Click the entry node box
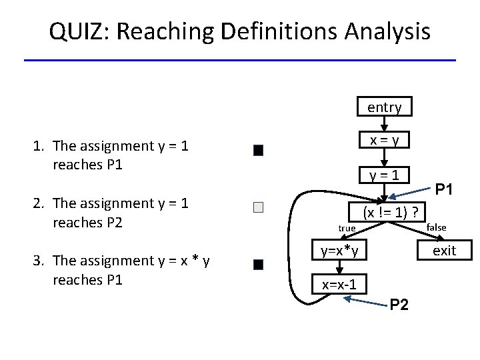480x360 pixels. [384, 107]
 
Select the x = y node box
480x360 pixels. [384, 141]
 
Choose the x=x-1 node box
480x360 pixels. [339, 285]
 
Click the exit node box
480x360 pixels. [444, 251]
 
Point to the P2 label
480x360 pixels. [399, 305]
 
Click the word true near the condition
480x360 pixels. [347, 228]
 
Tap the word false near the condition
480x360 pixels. [436, 227]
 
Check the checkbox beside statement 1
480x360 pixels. [259, 150]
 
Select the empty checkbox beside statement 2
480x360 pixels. [259, 207]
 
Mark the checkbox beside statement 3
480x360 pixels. [259, 265]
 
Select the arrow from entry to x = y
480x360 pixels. [384, 123]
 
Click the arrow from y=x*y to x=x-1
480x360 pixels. [339, 267]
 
